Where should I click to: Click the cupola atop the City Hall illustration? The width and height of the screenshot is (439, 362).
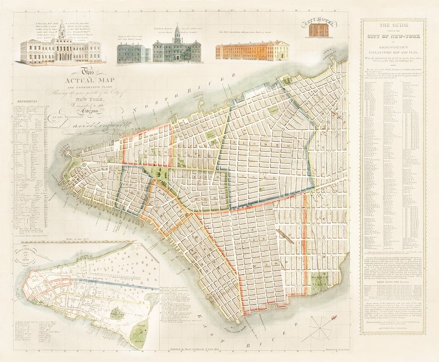(x=62, y=29)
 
